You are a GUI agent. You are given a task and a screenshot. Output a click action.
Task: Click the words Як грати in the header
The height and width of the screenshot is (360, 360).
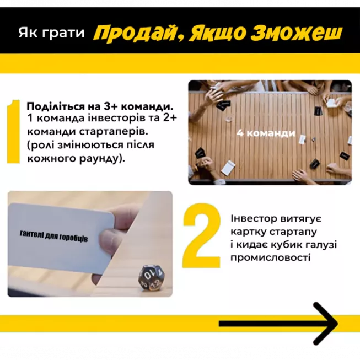tap(51, 34)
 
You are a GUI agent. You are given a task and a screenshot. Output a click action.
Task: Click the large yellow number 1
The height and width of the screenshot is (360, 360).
tap(15, 132)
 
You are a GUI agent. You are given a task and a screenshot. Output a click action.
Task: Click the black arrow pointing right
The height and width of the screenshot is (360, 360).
tap(278, 323)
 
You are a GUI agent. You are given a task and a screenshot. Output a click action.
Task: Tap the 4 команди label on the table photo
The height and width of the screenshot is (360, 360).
tap(266, 133)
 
